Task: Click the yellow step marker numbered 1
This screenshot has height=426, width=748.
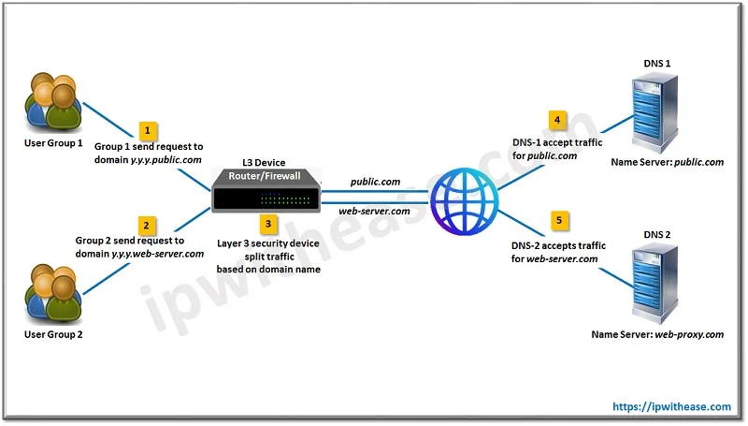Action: [x=146, y=131]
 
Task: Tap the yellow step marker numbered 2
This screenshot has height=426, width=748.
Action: [x=146, y=225]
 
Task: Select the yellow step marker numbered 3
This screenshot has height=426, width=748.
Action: [x=267, y=224]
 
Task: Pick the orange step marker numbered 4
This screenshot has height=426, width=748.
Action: [x=558, y=121]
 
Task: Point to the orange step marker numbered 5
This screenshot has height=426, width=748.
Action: [x=558, y=221]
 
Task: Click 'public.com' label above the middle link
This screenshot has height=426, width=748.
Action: [x=376, y=181]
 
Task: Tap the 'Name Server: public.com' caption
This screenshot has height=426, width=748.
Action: [x=667, y=162]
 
